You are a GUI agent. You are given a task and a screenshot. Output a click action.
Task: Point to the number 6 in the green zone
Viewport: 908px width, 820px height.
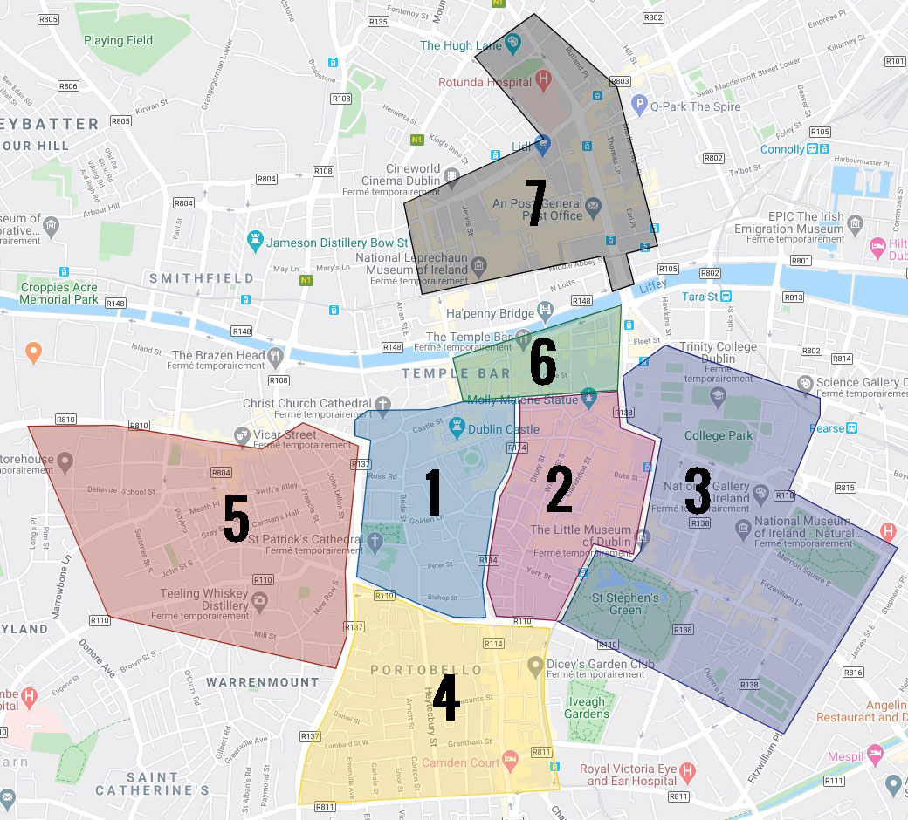point(542,365)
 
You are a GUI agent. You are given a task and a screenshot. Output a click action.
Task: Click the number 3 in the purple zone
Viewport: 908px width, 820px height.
point(697,491)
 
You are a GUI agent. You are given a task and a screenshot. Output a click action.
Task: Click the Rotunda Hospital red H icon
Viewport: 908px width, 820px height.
point(545,82)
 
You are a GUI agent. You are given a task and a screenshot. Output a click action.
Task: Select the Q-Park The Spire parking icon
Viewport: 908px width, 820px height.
point(639,106)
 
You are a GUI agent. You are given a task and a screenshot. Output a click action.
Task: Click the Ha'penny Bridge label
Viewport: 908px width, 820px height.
point(489,313)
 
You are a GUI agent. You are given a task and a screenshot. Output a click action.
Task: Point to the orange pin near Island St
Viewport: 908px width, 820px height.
point(33,353)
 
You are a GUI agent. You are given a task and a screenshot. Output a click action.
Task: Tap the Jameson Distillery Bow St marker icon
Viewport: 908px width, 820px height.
point(255,242)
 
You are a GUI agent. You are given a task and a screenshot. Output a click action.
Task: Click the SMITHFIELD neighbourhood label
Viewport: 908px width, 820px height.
point(202,278)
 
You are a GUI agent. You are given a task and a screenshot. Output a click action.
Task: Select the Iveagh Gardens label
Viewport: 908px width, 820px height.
point(587,707)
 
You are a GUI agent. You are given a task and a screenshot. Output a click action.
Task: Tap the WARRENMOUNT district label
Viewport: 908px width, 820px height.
point(263,681)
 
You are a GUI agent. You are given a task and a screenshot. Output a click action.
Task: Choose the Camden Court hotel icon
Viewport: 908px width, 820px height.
point(511,760)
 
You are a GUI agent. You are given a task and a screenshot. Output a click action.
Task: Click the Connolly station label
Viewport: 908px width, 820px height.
point(782,149)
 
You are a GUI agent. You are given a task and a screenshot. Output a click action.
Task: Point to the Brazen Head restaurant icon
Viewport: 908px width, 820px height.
point(276,355)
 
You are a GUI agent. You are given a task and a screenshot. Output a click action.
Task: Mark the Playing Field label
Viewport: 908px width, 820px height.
point(119,40)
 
